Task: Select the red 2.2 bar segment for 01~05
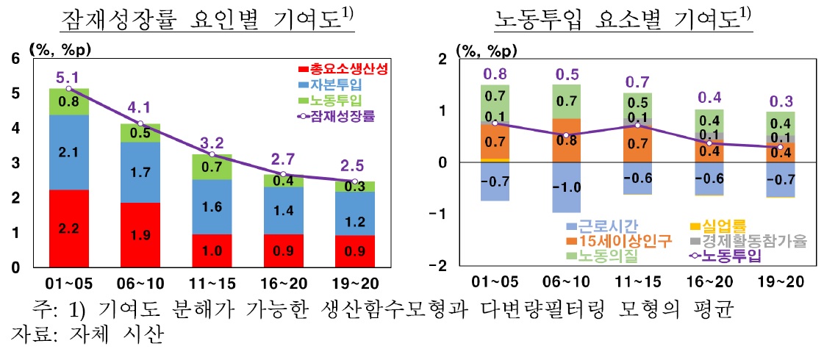click(68, 228)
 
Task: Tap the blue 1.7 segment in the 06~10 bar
click(140, 172)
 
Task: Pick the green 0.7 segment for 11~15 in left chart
click(212, 167)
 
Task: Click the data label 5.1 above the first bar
click(68, 76)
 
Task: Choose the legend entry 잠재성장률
click(343, 115)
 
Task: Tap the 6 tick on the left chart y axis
click(15, 59)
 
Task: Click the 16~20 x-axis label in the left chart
click(284, 282)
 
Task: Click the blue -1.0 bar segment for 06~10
click(576, 187)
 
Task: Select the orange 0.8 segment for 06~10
click(576, 140)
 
